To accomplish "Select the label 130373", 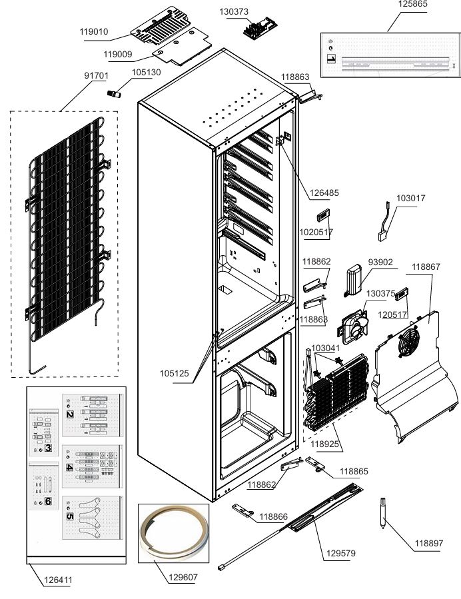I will point(234,11).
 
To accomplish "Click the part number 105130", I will point(146,72).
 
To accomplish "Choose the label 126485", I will point(324,193).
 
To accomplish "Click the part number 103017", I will point(411,199).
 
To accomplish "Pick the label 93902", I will point(381,262).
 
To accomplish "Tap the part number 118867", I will point(426,267).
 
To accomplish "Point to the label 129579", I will point(340,553).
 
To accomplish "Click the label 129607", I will point(183,577).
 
